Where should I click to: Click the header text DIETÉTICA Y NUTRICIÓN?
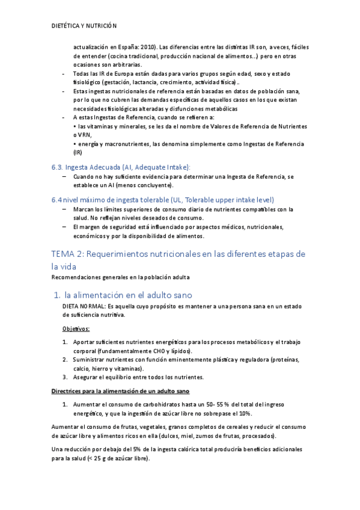(84, 26)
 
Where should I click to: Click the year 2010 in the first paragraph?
(145, 47)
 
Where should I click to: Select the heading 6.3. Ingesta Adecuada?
(120, 167)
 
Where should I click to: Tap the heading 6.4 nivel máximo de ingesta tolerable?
(162, 199)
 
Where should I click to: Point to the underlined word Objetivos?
(76, 328)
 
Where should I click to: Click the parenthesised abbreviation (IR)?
(77, 152)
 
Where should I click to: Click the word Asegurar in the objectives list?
(87, 377)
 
